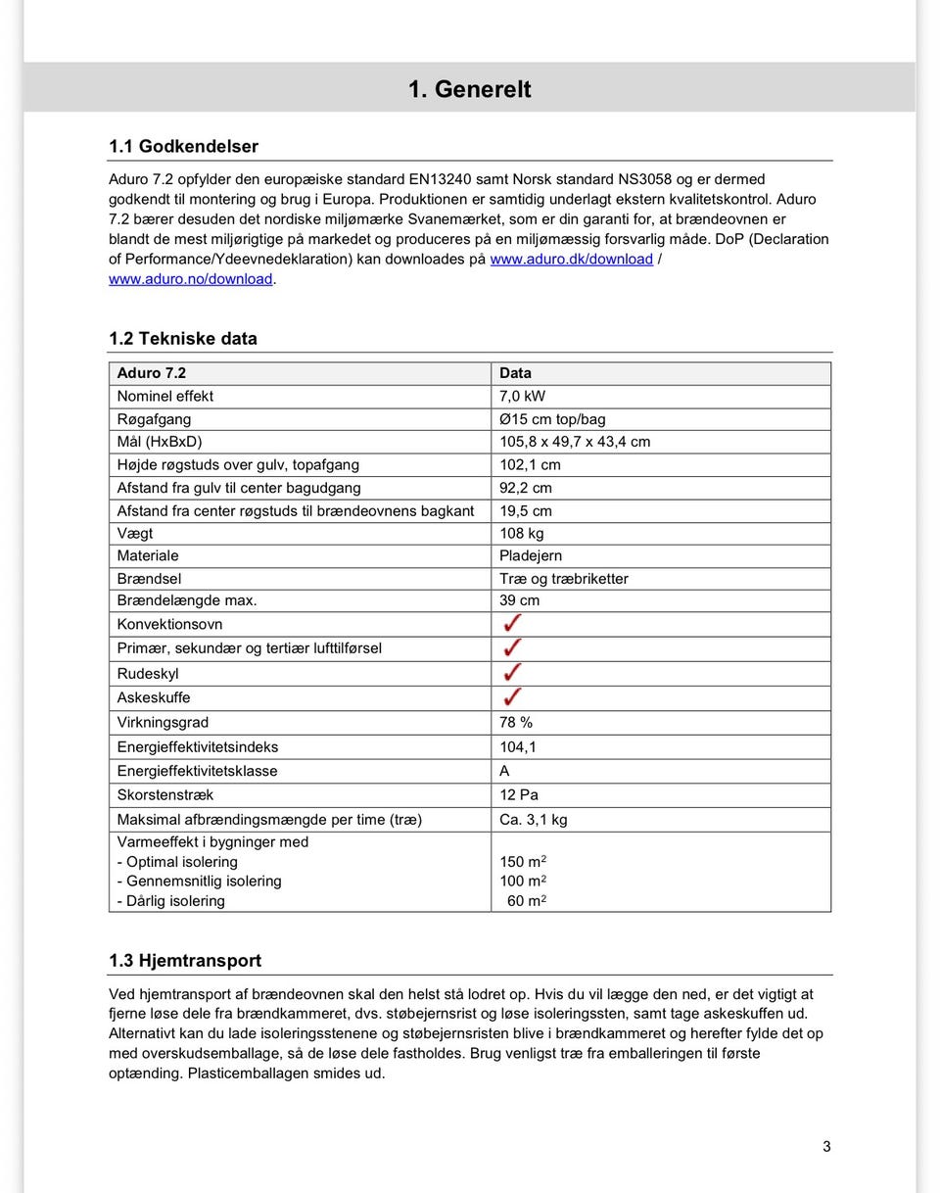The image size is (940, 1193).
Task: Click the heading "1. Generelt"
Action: click(x=469, y=89)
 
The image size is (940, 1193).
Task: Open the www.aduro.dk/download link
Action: click(x=571, y=259)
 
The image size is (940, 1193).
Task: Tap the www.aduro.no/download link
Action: click(x=190, y=279)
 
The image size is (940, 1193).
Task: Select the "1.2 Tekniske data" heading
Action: click(x=182, y=339)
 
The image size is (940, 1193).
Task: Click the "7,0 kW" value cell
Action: click(x=522, y=396)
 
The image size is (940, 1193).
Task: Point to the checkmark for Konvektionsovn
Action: click(x=511, y=624)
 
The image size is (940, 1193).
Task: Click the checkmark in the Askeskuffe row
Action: click(x=511, y=697)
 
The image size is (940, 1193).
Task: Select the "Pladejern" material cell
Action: click(x=530, y=555)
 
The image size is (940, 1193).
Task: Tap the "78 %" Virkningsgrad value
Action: click(x=516, y=722)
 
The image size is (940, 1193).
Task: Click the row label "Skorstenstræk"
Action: click(x=164, y=794)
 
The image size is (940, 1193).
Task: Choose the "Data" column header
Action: click(x=515, y=373)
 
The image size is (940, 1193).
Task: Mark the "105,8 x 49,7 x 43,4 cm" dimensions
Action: click(x=574, y=442)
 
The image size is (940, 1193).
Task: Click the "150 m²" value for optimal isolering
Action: click(x=522, y=862)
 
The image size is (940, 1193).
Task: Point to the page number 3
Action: click(x=826, y=1146)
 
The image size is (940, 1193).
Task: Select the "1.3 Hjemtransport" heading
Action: click(x=184, y=961)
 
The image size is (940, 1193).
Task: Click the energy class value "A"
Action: click(x=504, y=771)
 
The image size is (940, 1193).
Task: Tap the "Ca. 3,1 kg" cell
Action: click(x=533, y=819)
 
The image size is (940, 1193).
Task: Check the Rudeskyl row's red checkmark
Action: click(x=511, y=673)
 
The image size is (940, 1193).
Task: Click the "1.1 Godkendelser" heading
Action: click(x=183, y=147)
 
